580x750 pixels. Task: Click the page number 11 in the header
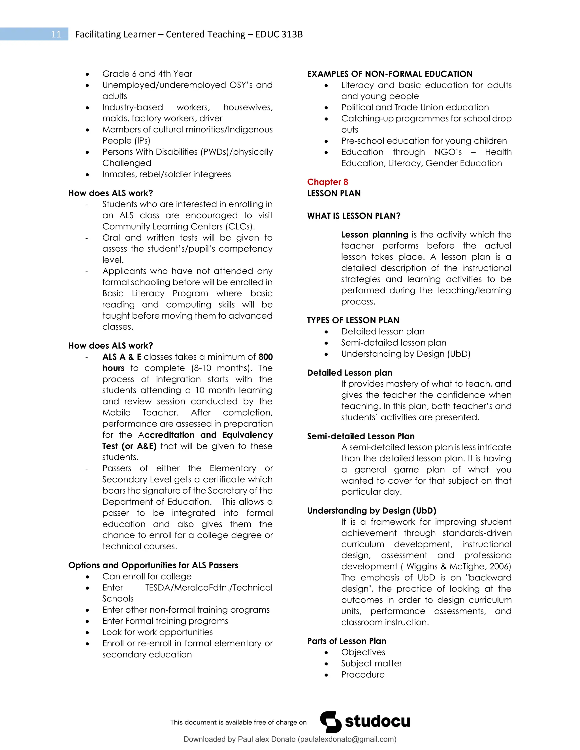pos(56,34)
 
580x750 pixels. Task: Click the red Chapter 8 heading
pos(327,182)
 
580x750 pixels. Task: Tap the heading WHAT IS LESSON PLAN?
pos(353,216)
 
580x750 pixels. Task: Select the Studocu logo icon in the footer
pos(330,721)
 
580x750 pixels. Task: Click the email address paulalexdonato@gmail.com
pos(347,739)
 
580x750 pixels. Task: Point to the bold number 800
pos(266,357)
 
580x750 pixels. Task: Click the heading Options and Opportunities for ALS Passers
pos(153,565)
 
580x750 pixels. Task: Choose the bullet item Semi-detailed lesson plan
pos(393,343)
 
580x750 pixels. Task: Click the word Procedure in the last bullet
pos(362,674)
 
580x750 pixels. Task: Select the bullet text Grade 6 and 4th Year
pos(147,74)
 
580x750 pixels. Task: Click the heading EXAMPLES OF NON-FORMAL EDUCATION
pos(390,74)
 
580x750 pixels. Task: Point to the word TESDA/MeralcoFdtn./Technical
pos(208,588)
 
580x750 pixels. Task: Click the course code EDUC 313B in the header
pos(279,34)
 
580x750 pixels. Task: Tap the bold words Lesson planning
pos(374,235)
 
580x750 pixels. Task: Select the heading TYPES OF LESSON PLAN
pos(353,320)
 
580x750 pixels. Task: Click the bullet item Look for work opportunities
pos(157,632)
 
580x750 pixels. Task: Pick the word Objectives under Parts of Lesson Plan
pos(363,652)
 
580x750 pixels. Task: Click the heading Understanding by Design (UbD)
pos(372,511)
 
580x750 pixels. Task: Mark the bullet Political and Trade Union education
pos(415,108)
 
